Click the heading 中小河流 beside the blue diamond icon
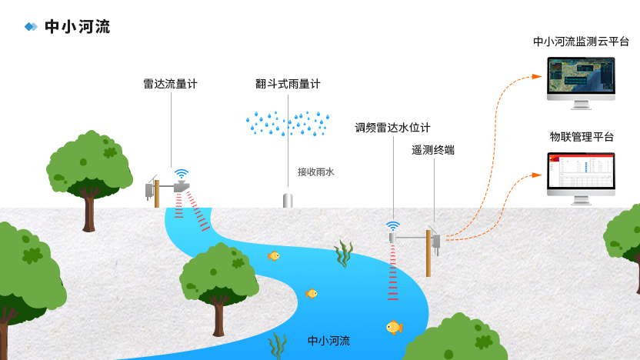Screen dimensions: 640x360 (x=78, y=26)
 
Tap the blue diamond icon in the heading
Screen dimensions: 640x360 (x=31, y=26)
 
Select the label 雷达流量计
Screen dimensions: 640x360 (x=170, y=84)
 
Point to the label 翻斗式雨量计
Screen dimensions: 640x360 (x=288, y=84)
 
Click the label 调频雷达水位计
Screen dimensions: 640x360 (x=392, y=128)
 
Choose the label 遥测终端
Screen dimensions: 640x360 (x=433, y=150)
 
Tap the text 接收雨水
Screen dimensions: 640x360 (x=316, y=172)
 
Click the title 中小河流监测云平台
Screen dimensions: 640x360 (x=581, y=42)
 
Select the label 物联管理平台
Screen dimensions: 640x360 (x=582, y=137)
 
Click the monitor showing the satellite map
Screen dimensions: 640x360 (x=581, y=83)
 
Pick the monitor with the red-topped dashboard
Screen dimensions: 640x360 (x=581, y=178)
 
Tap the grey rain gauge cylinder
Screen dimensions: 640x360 (x=288, y=200)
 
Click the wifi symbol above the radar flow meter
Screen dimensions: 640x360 (x=182, y=174)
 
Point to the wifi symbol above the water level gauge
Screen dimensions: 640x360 (x=392, y=226)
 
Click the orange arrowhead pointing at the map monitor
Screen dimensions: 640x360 (x=537, y=76)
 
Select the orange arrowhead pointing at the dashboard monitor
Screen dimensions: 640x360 (x=537, y=175)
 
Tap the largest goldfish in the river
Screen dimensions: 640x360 (x=395, y=328)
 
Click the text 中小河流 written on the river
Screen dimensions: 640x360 (x=328, y=341)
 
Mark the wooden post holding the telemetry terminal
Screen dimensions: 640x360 (x=428, y=253)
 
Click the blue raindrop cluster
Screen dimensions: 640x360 (x=288, y=123)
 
